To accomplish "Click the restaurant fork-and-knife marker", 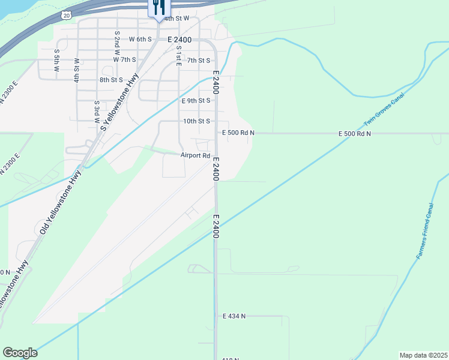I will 159,7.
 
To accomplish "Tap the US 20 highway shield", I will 66,13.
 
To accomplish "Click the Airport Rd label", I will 196,155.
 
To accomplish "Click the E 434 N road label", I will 234,316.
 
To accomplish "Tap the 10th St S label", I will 196,121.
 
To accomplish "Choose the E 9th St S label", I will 196,101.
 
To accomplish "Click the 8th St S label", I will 111,80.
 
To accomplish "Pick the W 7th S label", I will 124,60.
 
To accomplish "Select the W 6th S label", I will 140,39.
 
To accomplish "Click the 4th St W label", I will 177,19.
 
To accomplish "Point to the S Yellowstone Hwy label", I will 120,102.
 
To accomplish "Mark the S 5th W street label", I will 56,60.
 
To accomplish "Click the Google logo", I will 20,353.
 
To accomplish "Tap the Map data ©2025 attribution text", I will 423,355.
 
